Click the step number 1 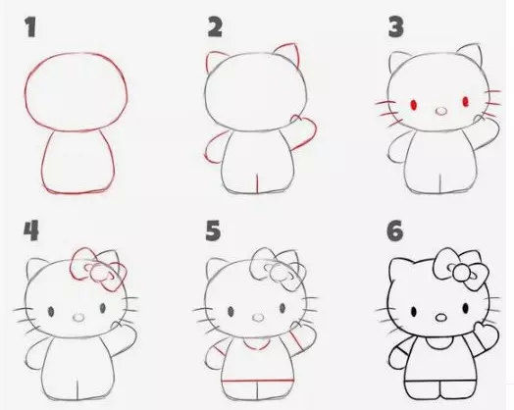point(30,27)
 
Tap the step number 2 point(215,27)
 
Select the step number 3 point(395,27)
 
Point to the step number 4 point(31,231)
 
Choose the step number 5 point(213,231)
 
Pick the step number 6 point(395,231)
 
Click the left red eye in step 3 point(413,105)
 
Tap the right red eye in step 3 point(466,102)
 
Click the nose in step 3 point(441,111)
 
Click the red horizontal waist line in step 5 point(257,381)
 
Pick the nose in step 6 point(441,318)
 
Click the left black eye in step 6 point(414,311)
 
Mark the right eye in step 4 point(103,308)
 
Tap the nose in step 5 point(258,317)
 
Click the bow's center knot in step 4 point(98,273)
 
